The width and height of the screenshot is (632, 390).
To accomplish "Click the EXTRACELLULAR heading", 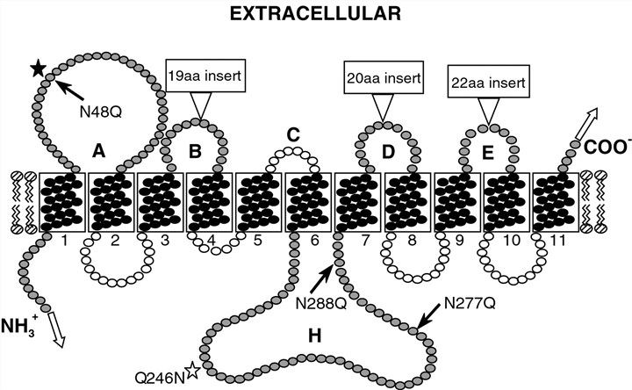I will click(317, 14).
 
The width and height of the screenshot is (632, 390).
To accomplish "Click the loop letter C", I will click(293, 134).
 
